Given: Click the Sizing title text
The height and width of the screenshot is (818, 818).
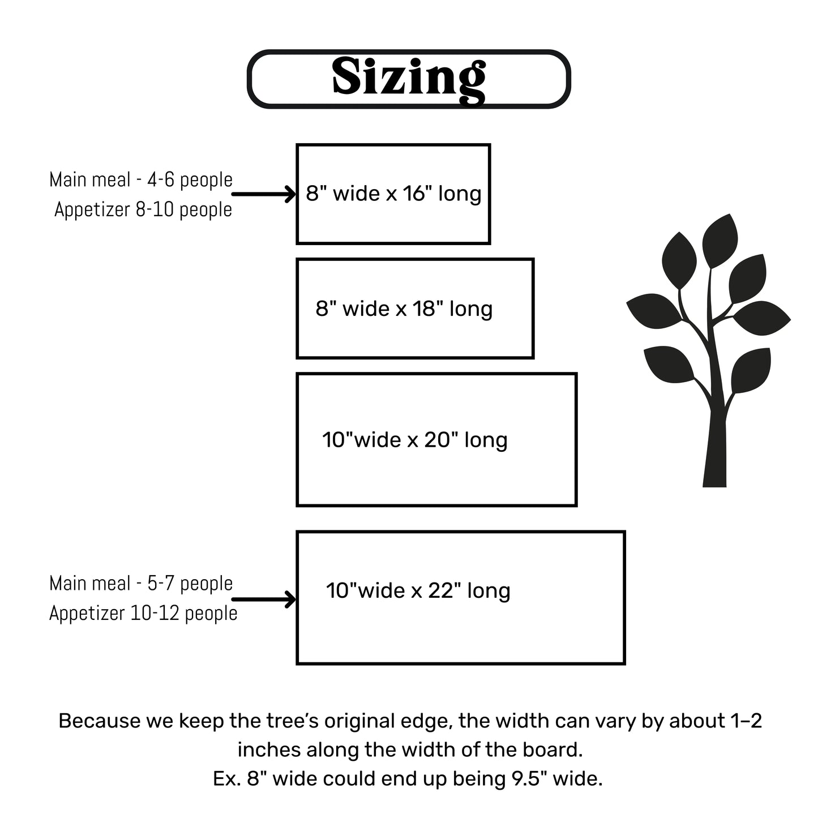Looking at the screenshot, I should [408, 78].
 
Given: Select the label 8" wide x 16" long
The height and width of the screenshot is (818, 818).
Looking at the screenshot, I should [393, 194].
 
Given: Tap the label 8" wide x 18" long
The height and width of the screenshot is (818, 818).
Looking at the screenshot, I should [404, 309].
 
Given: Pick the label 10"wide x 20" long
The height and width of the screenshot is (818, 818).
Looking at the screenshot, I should [414, 440].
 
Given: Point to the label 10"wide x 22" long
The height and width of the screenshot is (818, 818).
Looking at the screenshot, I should [418, 590].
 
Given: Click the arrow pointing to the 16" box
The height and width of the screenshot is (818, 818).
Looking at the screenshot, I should [264, 194].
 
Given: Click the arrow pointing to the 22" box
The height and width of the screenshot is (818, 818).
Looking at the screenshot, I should [264, 599].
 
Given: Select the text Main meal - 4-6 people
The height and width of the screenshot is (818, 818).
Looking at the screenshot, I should [141, 180].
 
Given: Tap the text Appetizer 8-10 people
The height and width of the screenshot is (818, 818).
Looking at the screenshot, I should [143, 209].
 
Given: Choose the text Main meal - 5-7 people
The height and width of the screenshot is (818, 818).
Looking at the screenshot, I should [141, 584].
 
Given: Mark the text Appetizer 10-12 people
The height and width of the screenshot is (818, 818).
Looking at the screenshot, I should [143, 613].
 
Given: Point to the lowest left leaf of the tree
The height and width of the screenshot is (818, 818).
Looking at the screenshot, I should [668, 364].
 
